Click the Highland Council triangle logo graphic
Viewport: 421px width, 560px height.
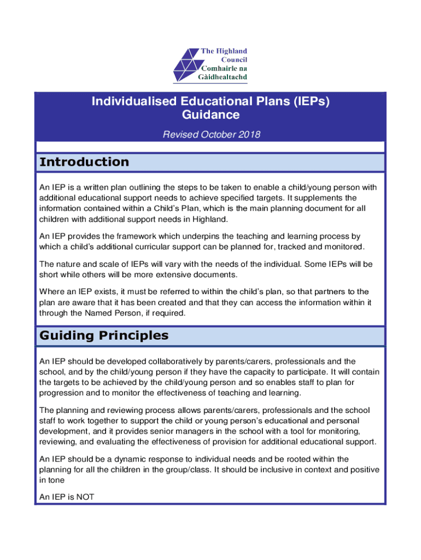point(186,65)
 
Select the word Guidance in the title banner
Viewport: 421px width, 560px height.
point(210,115)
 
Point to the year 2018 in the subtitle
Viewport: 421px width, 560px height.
point(249,135)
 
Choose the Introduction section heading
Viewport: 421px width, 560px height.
point(84,162)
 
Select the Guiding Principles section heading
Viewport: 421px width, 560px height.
point(104,335)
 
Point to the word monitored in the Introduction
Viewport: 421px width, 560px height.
point(344,247)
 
